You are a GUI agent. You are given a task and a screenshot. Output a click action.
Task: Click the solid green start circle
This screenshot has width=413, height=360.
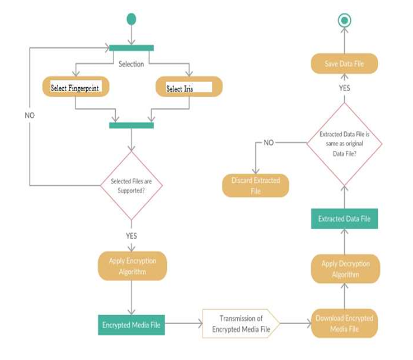131,19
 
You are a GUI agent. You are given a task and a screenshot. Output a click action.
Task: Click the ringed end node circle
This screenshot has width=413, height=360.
344,21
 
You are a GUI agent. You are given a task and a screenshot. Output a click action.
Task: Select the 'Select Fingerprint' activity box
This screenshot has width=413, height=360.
75,87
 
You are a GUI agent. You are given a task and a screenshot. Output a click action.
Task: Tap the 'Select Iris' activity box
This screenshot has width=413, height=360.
188,87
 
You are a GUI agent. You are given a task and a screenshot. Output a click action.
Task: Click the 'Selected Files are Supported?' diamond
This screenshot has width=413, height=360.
131,186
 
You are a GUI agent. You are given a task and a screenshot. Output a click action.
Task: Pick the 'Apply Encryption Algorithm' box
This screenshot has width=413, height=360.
132,266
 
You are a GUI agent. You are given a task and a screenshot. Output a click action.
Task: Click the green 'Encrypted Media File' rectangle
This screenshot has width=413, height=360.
132,325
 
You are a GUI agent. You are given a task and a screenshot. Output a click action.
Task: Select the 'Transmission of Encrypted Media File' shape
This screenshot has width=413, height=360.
241,324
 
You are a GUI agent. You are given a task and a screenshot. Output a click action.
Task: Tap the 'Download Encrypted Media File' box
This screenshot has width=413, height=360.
344,323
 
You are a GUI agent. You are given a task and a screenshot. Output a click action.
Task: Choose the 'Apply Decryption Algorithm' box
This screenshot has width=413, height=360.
345,269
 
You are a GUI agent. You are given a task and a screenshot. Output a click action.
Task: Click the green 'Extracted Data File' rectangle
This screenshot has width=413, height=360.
344,219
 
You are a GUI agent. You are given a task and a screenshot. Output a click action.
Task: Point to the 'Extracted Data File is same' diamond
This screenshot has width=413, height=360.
344,143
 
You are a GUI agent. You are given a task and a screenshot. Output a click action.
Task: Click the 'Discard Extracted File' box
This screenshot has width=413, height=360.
255,186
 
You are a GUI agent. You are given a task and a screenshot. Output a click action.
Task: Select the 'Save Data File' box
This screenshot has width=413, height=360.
344,64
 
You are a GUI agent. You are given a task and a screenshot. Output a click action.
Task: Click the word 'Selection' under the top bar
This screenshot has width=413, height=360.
131,64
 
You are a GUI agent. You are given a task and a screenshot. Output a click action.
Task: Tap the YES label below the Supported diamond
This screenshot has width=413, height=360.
131,236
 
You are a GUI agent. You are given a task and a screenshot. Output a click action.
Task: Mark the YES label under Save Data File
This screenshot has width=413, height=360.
344,88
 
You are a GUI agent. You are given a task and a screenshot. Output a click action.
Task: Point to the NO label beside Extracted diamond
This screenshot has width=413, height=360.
269,143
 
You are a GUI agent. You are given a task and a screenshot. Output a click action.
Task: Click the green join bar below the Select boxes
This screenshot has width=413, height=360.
131,125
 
